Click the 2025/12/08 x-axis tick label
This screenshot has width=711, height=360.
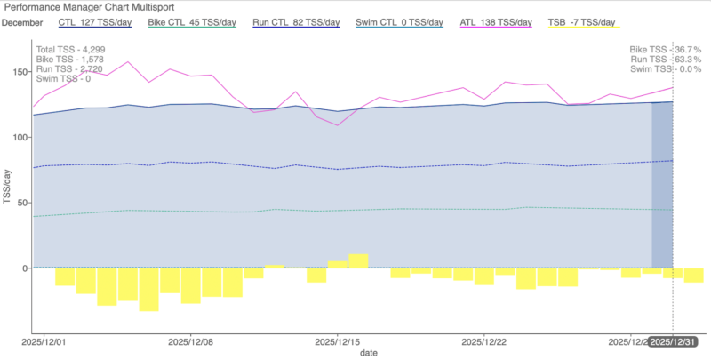pyautogui.click(x=193, y=341)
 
